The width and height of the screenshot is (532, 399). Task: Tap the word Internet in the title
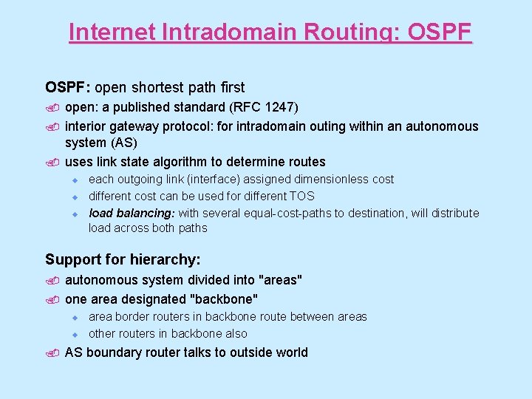tap(110, 33)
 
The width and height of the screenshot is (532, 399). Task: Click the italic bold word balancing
tap(146, 214)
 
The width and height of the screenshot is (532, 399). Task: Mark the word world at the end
tap(289, 352)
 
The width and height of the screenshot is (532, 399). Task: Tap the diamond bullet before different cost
tap(75, 197)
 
